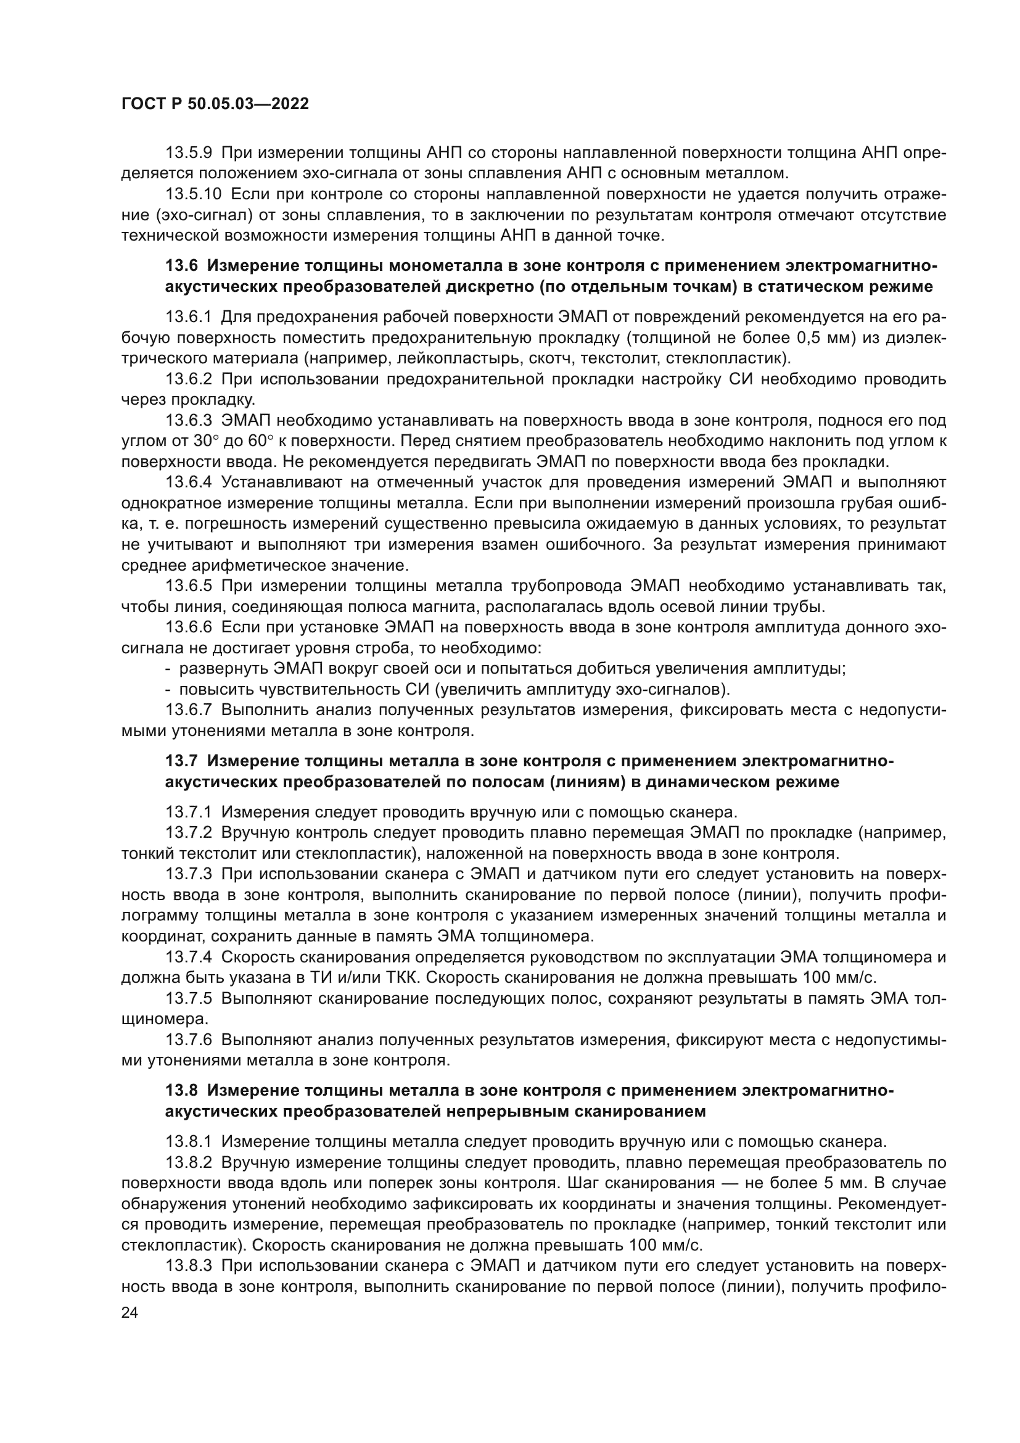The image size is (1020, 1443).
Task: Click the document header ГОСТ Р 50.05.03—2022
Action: (215, 104)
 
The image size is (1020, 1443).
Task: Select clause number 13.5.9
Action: (189, 153)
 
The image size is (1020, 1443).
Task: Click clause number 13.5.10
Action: (193, 194)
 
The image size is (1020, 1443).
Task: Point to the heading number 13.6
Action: (181, 266)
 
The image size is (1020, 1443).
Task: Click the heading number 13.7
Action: (181, 761)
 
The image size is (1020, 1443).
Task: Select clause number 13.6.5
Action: (189, 586)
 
